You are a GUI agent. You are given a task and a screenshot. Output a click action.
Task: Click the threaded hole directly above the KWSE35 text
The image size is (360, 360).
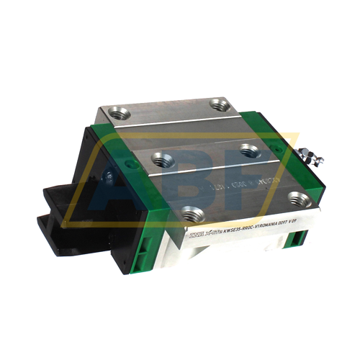190,213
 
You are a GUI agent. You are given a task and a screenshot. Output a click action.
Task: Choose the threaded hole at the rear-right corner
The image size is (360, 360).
220,105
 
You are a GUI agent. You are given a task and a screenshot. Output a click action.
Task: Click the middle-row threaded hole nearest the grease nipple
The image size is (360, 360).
249,150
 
